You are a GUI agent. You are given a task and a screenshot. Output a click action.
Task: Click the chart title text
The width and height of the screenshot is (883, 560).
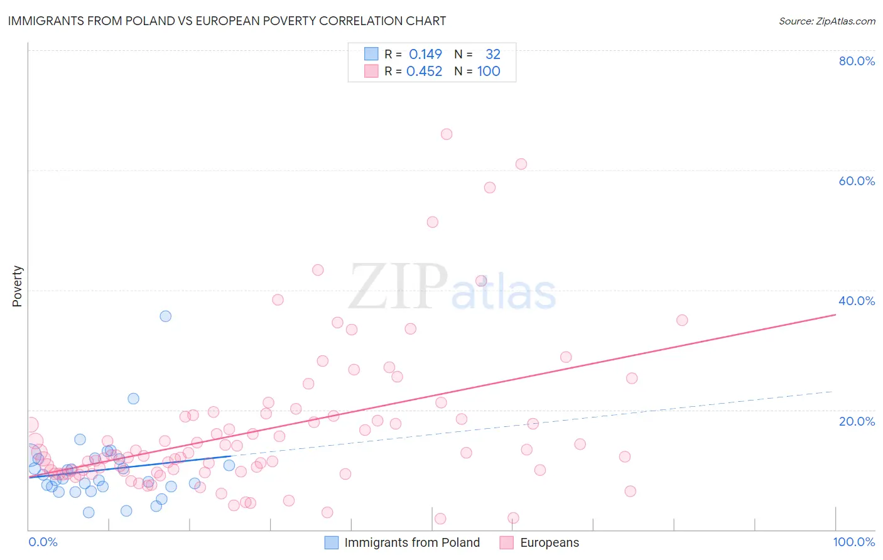click(x=227, y=21)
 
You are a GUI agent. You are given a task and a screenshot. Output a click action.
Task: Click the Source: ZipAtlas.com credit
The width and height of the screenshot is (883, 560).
click(x=826, y=21)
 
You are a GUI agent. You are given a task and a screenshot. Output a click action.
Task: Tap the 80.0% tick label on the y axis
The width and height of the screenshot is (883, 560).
click(x=857, y=61)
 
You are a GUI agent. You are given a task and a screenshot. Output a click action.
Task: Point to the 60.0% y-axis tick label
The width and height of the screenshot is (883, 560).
click(x=857, y=181)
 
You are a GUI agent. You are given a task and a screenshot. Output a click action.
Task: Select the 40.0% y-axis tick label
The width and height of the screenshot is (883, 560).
click(x=857, y=301)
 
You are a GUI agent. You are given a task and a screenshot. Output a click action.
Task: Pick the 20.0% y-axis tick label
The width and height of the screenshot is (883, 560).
click(x=857, y=421)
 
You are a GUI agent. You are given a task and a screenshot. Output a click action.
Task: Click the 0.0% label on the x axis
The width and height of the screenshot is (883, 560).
click(x=43, y=542)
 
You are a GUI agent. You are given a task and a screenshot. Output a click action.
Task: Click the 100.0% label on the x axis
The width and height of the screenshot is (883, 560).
click(x=853, y=542)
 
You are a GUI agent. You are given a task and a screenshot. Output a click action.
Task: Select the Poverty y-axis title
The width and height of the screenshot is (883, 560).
click(x=17, y=286)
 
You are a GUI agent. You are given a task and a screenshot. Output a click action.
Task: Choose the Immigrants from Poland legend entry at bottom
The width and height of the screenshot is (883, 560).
click(x=402, y=542)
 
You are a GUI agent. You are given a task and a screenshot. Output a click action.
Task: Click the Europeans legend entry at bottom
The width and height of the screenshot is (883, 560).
click(x=539, y=542)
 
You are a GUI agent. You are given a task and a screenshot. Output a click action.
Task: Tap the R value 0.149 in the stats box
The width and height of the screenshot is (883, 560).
click(x=425, y=54)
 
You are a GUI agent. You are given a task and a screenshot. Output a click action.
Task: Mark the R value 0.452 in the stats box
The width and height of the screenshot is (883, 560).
click(x=424, y=71)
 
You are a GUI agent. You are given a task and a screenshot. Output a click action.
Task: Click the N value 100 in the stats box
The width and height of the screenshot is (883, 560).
click(x=489, y=71)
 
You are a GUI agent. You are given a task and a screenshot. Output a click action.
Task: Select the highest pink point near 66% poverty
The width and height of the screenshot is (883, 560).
click(x=447, y=134)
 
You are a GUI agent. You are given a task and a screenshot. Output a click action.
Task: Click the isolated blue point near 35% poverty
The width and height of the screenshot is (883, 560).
click(x=165, y=316)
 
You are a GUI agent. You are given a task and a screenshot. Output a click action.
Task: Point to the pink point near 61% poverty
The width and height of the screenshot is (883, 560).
click(x=521, y=164)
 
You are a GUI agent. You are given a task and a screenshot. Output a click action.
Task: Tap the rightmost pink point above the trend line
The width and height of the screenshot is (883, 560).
click(x=682, y=320)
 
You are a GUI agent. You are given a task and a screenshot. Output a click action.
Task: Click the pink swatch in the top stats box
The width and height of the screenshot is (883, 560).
click(x=371, y=71)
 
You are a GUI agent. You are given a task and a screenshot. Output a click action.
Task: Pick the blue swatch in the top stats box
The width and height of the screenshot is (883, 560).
click(x=371, y=54)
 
